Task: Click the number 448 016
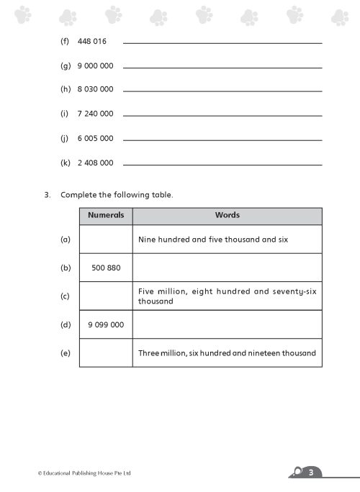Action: point(91,41)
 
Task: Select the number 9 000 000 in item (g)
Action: point(95,65)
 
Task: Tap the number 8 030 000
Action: point(95,89)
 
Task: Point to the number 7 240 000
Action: point(95,114)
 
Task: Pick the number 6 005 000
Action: point(95,138)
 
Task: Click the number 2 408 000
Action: point(95,163)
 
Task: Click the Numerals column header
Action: point(106,216)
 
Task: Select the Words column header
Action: point(227,216)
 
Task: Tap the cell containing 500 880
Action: point(106,268)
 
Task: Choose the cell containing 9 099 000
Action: point(106,324)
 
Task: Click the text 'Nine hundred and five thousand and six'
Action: point(212,240)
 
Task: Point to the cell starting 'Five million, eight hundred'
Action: point(227,296)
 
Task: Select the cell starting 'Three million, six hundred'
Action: point(227,353)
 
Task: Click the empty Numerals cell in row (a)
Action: point(106,240)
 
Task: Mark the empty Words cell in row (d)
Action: point(227,324)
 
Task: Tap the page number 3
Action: point(310,473)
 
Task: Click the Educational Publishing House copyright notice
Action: point(84,473)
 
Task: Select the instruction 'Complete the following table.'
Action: point(117,195)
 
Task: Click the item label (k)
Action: point(65,163)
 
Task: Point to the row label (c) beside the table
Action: point(65,296)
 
